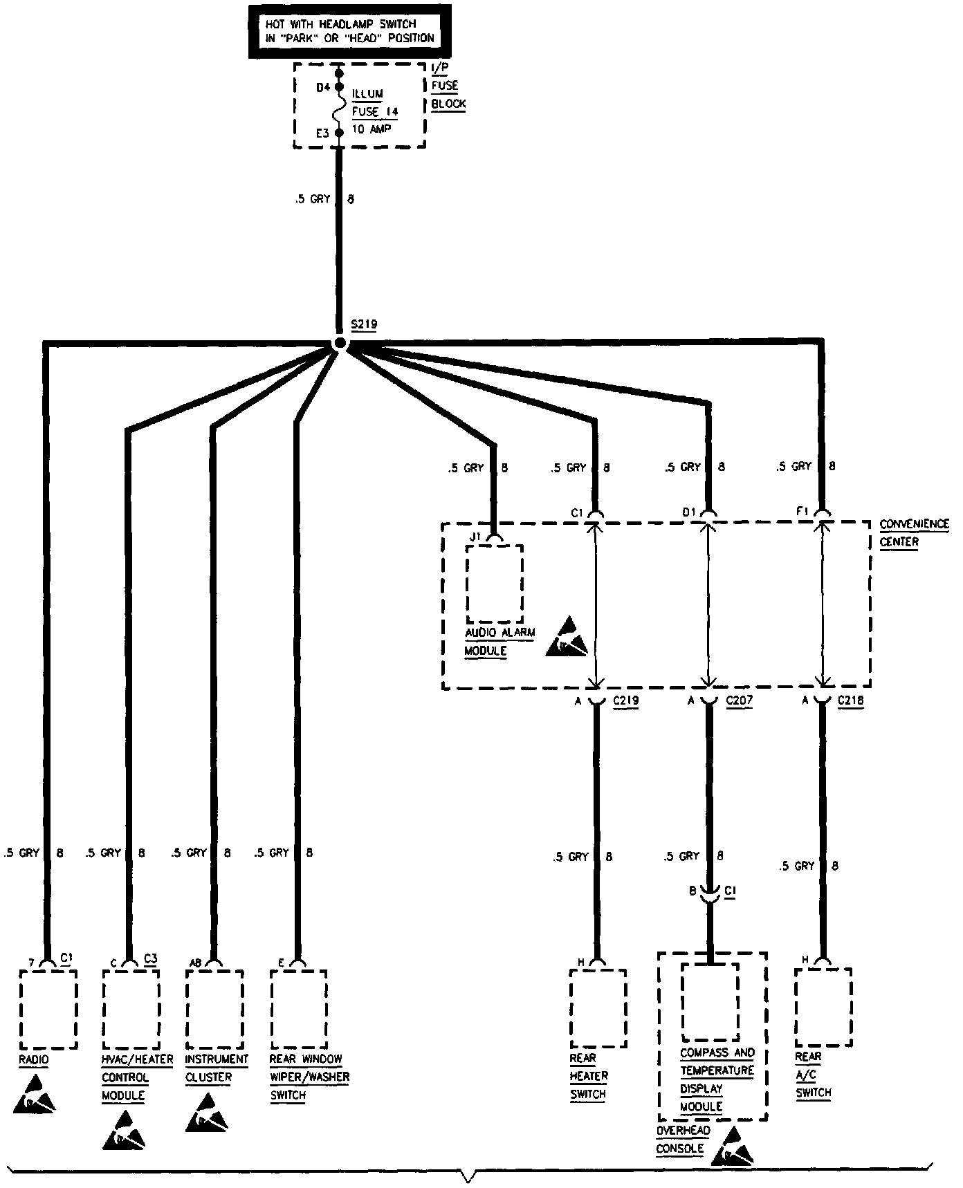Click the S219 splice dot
340,343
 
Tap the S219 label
364,324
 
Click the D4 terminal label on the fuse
323,88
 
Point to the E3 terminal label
322,133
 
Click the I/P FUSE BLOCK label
448,86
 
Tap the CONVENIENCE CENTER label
913,532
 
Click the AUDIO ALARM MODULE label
499,642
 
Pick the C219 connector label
626,700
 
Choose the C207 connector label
739,700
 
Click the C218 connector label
850,700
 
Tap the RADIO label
34,1059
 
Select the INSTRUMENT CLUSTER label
216,1068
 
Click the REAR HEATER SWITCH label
589,1076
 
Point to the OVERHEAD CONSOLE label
683,1140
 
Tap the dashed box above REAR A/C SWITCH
823,1007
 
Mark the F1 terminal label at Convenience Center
802,511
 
